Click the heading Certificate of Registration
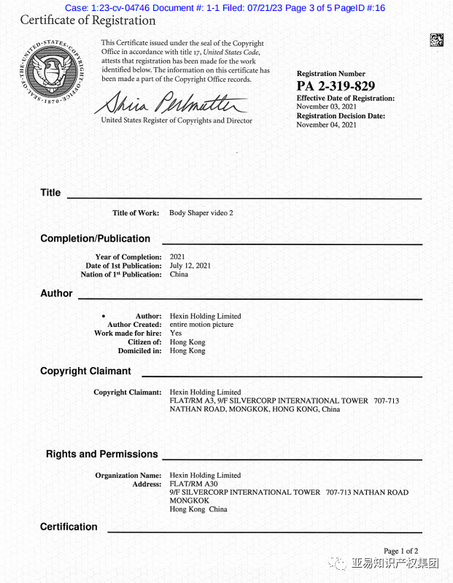click(88, 20)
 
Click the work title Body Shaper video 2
click(201, 213)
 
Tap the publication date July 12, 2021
click(190, 266)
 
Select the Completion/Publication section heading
click(95, 239)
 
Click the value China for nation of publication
click(179, 274)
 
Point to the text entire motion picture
click(201, 325)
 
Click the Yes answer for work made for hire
click(176, 333)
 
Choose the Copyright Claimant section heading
click(85, 371)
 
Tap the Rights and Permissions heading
click(101, 454)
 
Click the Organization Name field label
click(128, 476)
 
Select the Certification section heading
click(69, 527)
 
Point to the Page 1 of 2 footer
click(400, 551)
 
